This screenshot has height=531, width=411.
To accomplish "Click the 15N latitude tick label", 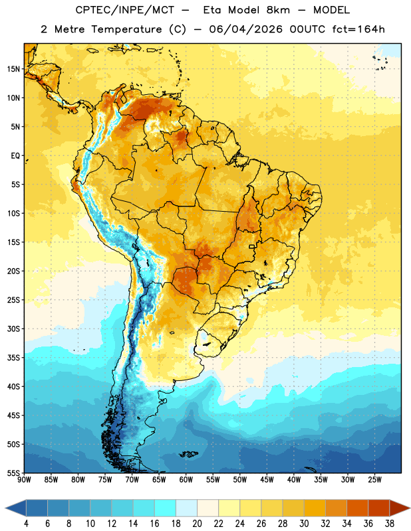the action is coord(13,69).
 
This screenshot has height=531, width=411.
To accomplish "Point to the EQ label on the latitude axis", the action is coord(15,156).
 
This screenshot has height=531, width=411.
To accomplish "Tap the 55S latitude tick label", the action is coord(13,473).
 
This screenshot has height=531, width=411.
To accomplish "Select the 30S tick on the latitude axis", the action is coord(13,329).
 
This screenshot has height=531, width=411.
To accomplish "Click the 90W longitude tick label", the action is coord(24,480).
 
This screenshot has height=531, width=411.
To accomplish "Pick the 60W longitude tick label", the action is coord(186,480).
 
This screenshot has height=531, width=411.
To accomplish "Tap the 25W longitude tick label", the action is coord(374,480).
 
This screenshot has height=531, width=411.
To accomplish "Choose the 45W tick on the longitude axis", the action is coord(267,480).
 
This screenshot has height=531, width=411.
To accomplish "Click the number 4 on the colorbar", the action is coord(26,524).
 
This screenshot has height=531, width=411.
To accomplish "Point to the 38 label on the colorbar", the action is coord(389,524).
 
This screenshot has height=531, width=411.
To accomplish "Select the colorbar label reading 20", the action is coord(197,524).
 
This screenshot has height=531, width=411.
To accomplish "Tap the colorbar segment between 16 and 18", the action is coord(166,508).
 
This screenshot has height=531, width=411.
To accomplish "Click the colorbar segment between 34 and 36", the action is coord(357,508).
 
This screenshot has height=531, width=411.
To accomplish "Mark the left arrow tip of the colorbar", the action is coord(5,508).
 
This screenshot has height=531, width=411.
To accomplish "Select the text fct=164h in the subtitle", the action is coord(358,29).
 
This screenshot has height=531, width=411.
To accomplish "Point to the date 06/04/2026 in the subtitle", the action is coord(245,29).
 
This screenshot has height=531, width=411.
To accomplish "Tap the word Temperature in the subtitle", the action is coord(126,30).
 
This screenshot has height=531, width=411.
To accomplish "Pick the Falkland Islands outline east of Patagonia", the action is coord(189,454).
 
